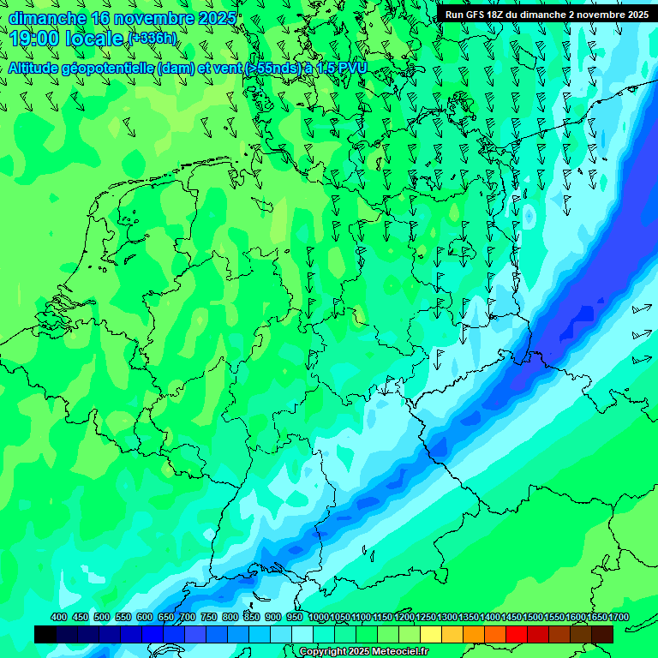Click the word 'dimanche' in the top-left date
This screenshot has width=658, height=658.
pyautogui.click(x=47, y=18)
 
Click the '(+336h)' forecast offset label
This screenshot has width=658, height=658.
pyautogui.click(x=153, y=38)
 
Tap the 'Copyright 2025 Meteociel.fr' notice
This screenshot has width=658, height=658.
pyautogui.click(x=363, y=652)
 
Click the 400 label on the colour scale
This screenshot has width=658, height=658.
pyautogui.click(x=58, y=618)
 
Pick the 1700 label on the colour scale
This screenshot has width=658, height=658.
pyautogui.click(x=595, y=618)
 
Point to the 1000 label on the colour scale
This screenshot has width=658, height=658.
pyautogui.click(x=319, y=618)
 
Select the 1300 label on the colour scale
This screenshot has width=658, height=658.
pyautogui.click(x=447, y=618)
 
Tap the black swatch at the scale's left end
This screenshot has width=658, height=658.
pyautogui.click(x=45, y=634)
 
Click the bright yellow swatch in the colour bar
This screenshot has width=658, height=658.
pyautogui.click(x=431, y=634)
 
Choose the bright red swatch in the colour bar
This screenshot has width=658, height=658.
pyautogui.click(x=517, y=634)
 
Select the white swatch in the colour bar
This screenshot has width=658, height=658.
pyautogui.click(x=302, y=634)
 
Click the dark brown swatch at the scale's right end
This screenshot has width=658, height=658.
pyautogui.click(x=602, y=634)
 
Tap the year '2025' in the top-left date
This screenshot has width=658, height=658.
pyautogui.click(x=217, y=18)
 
